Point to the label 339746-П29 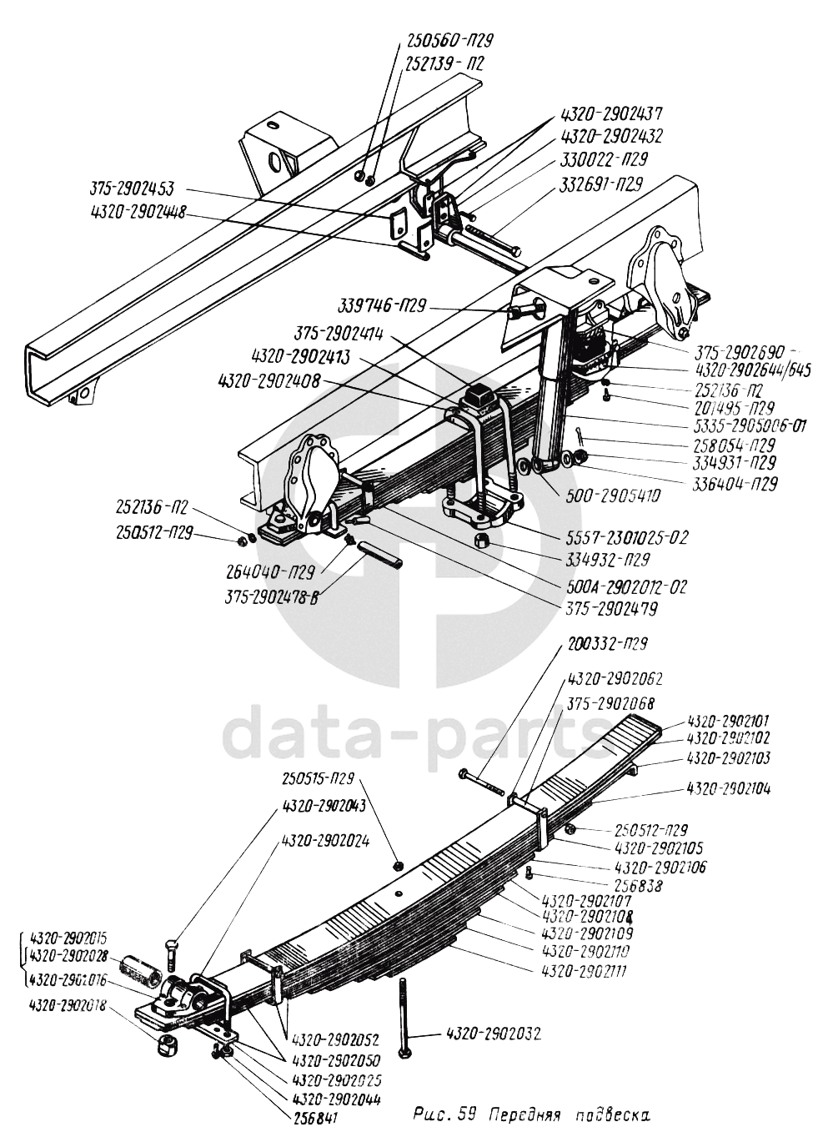coord(382,306)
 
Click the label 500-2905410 coord(612,496)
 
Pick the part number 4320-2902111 coord(585,972)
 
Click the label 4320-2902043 coord(324,807)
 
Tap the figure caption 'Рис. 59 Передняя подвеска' coord(532,1114)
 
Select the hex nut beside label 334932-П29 coord(482,542)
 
